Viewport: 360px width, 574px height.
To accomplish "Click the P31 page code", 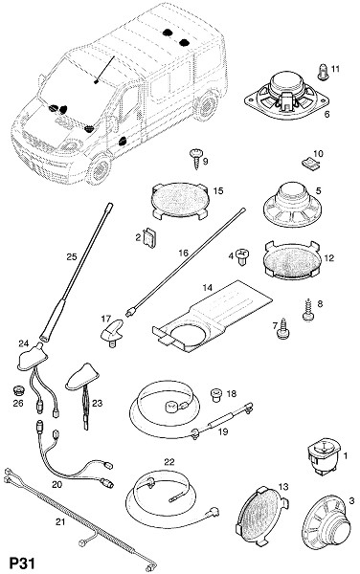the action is coord(22,563).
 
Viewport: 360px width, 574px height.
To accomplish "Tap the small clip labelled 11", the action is coord(323,72).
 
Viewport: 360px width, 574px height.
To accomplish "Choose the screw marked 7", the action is coord(283,329).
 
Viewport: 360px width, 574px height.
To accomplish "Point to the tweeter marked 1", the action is coord(325,457).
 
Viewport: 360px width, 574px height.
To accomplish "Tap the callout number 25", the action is coord(72,256).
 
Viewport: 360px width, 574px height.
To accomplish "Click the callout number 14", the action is coord(207,288).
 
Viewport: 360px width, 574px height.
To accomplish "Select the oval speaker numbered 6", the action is coord(286,94).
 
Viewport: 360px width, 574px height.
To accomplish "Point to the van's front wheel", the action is coord(99,170).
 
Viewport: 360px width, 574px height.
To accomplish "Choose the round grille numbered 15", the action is coord(180,201).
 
